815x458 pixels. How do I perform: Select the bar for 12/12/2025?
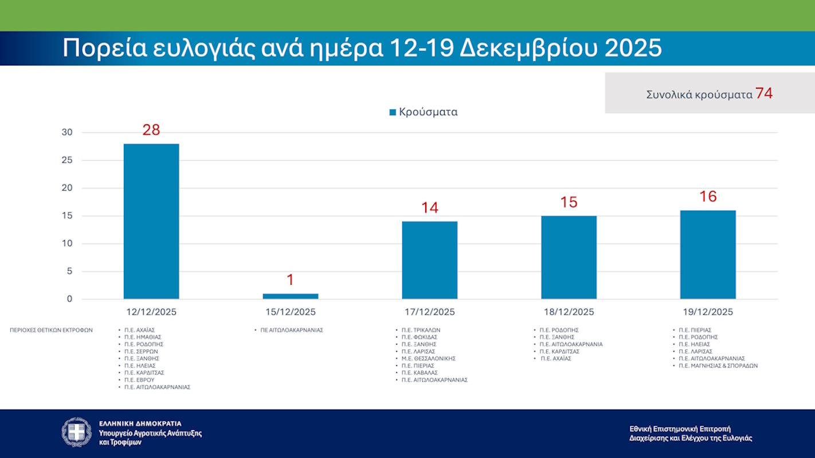[x=151, y=221]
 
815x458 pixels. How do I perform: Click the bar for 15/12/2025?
[x=290, y=296]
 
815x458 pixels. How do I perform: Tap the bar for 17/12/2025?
[x=429, y=260]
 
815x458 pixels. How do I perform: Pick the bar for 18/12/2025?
[x=569, y=257]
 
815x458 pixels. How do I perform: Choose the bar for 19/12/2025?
[x=708, y=254]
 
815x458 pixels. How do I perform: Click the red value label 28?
[x=151, y=130]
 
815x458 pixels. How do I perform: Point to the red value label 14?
[x=430, y=207]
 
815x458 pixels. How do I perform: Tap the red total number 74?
[x=764, y=93]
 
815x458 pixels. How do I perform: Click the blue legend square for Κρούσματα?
[x=393, y=112]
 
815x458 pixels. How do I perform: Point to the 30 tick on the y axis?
[x=67, y=132]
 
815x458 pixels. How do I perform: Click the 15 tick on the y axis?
[x=67, y=216]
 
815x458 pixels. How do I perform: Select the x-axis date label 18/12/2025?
[x=569, y=312]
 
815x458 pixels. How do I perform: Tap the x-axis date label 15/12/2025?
[x=290, y=312]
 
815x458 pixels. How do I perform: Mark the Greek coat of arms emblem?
[x=77, y=432]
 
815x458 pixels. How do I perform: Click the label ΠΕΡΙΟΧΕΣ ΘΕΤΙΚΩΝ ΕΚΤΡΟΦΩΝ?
[x=51, y=330]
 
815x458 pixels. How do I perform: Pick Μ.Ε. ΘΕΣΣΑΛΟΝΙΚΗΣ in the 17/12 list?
[x=428, y=358]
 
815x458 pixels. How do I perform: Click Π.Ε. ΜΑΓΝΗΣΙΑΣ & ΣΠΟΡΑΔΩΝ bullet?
[x=718, y=365]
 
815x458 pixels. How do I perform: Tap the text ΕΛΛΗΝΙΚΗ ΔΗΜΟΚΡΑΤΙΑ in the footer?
[x=140, y=424]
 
